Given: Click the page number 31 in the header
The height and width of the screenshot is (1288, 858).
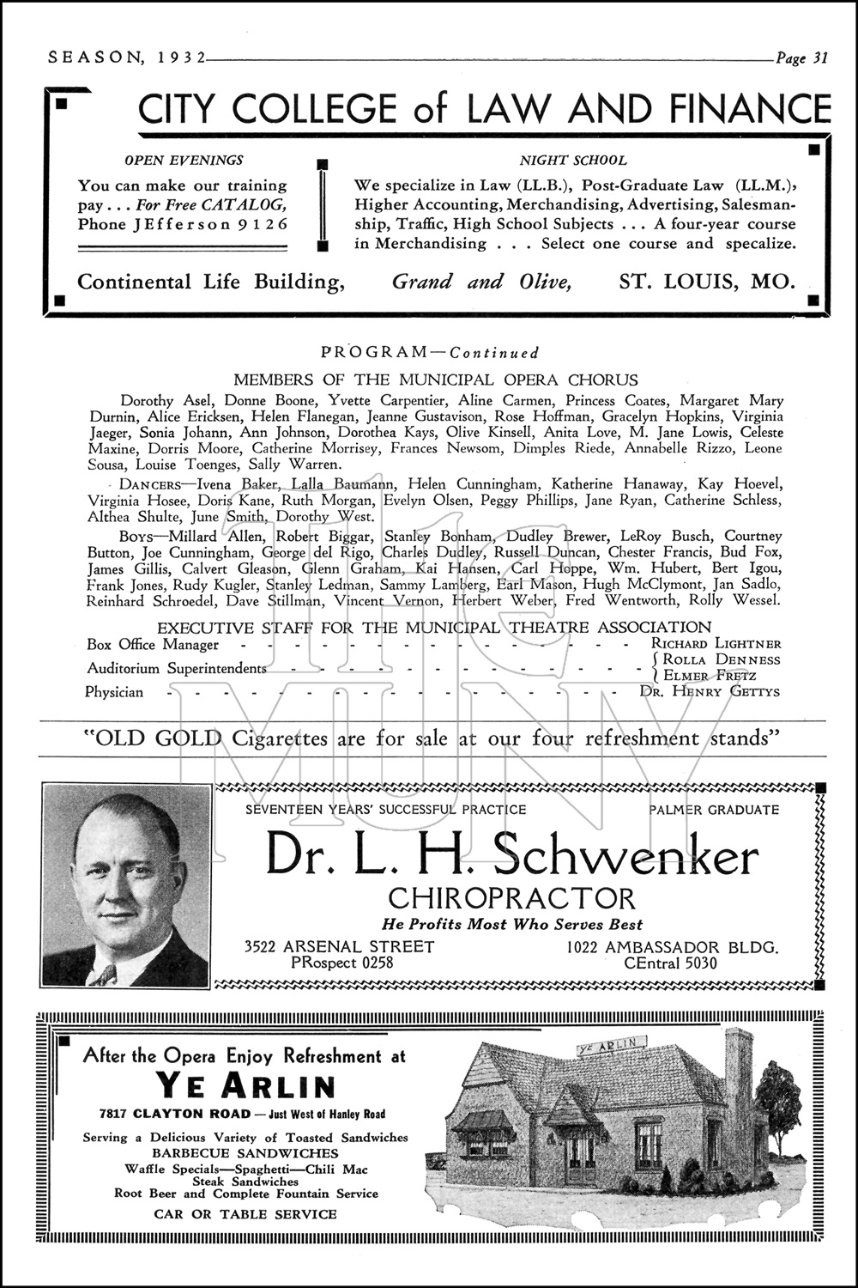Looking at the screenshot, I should [x=819, y=58].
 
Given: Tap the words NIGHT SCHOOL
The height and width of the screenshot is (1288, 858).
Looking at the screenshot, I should [x=573, y=160].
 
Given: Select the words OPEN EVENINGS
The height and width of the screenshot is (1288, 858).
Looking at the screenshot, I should [x=184, y=160].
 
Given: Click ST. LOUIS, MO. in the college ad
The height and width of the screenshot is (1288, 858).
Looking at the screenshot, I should [x=707, y=282].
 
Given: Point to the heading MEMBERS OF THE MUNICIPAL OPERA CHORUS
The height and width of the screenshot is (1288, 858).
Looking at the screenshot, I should [x=436, y=380].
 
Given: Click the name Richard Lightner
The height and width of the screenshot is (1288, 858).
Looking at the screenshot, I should [x=716, y=643].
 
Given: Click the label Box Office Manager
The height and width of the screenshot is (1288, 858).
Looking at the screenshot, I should [x=153, y=644].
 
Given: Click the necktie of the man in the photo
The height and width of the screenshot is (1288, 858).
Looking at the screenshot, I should [x=105, y=975].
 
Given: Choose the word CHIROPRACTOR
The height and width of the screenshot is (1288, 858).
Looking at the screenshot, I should [x=512, y=899].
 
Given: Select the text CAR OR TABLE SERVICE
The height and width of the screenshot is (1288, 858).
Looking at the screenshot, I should [x=245, y=1214].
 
